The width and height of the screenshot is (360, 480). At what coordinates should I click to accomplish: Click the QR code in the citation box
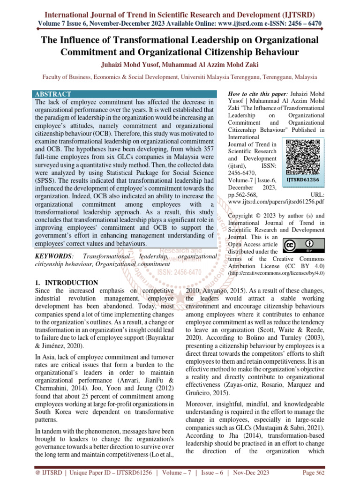click(303, 156)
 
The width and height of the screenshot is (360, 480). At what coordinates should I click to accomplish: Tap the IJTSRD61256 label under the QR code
click(303, 179)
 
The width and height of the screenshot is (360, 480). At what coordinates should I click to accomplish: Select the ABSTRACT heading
click(54, 94)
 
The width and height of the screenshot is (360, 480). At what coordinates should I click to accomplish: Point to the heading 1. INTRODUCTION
click(67, 283)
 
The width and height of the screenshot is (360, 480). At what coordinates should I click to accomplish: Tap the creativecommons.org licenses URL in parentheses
click(277, 272)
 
